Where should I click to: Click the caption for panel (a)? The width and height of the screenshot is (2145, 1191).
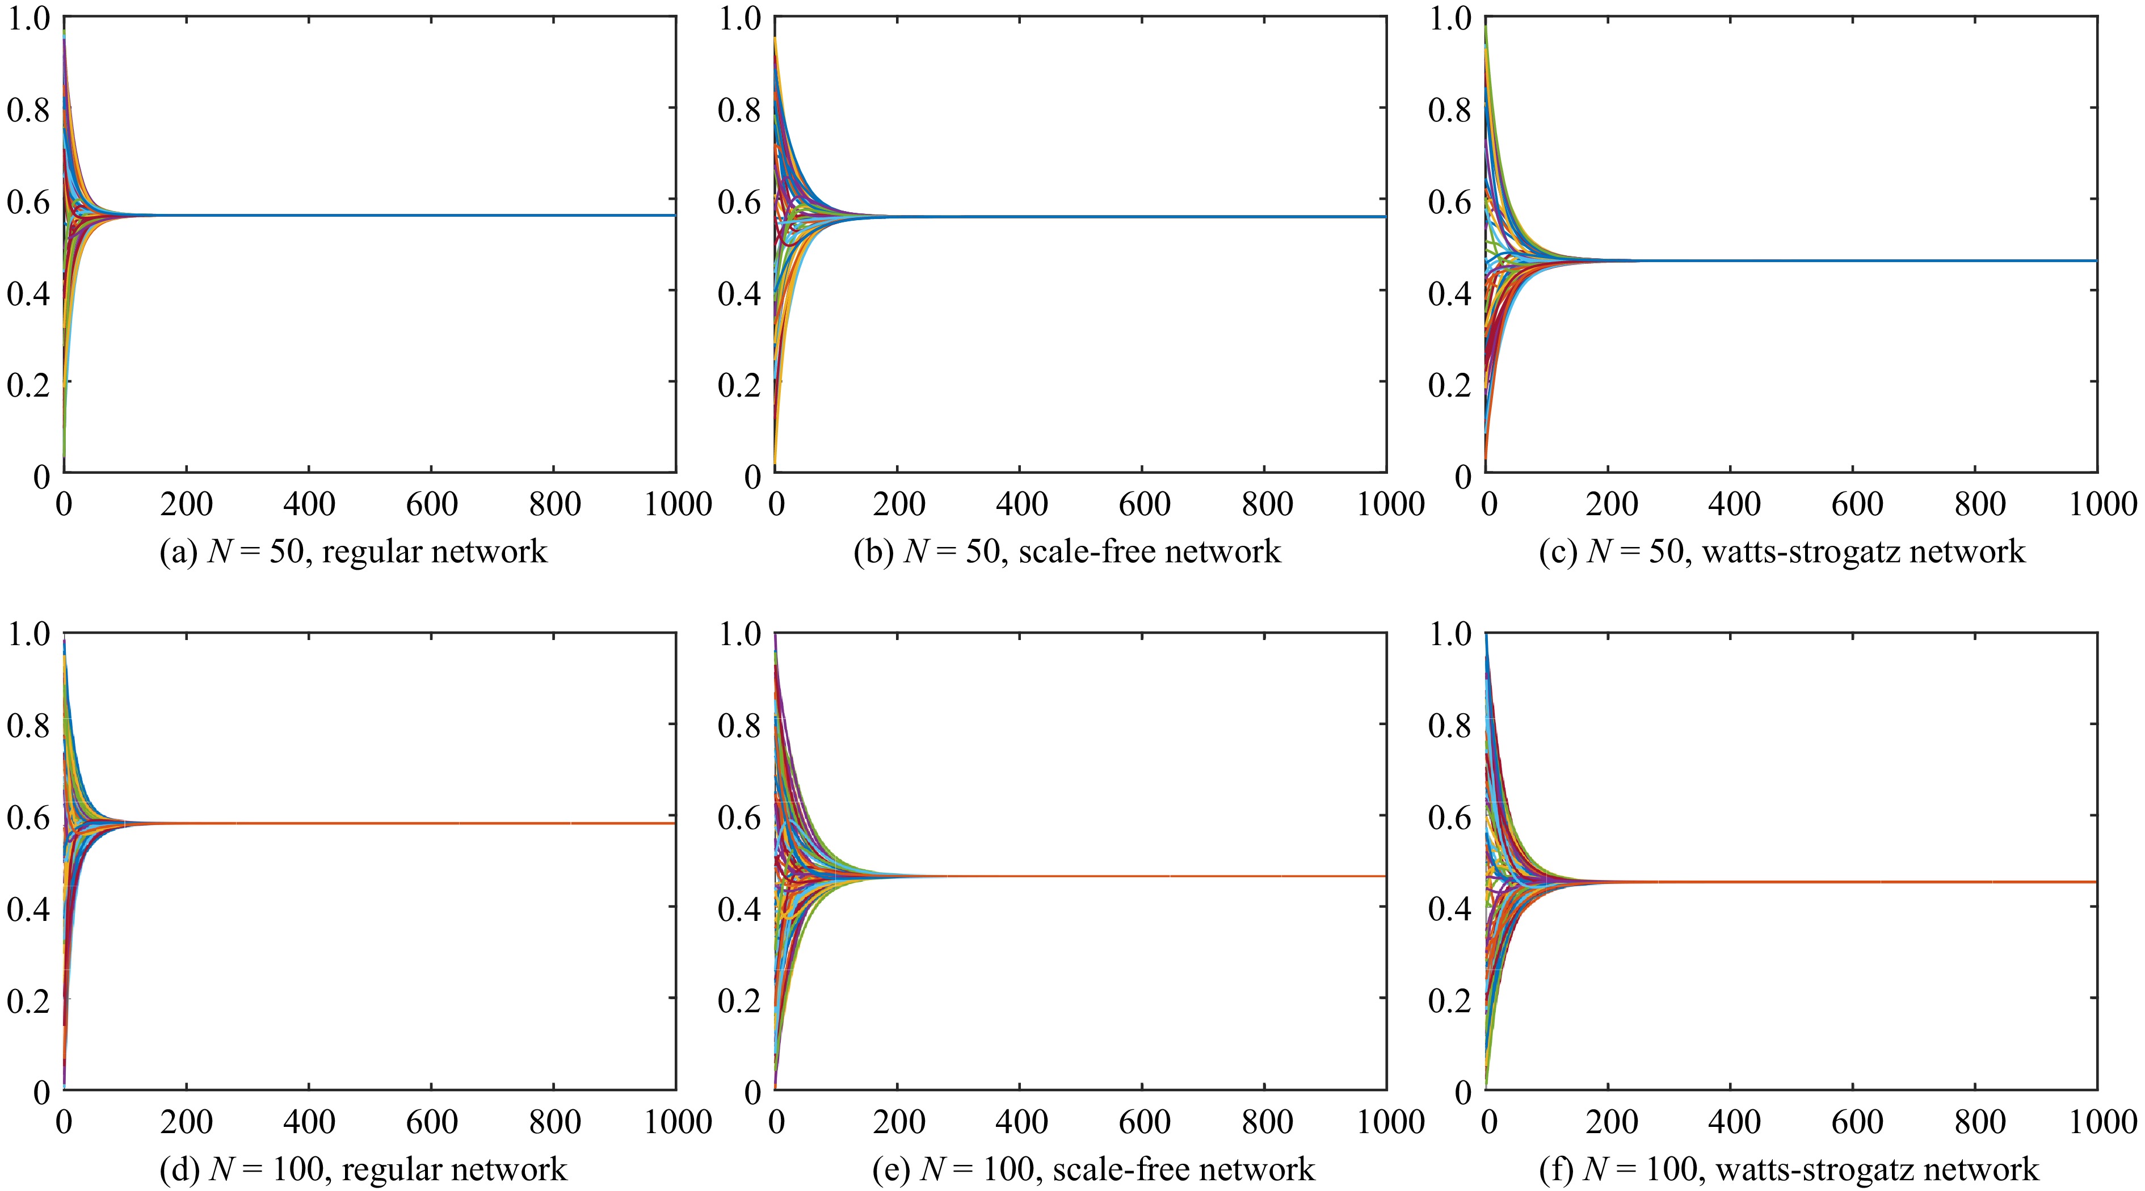click(353, 552)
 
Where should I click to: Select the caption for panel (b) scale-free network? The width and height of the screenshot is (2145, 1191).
click(1067, 552)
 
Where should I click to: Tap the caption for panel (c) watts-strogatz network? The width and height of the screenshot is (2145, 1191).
click(1781, 552)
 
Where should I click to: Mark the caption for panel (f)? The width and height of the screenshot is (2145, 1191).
click(1789, 1169)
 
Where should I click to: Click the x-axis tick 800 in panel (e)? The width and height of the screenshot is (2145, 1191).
click(1265, 1122)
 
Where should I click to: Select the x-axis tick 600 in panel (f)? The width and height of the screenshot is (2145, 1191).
click(1853, 1122)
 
